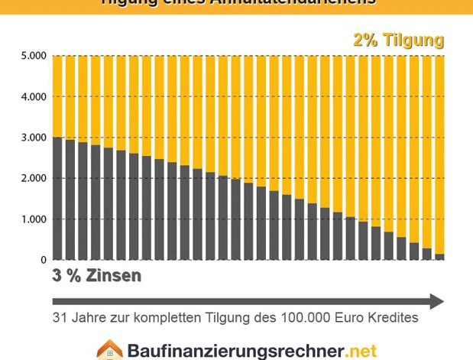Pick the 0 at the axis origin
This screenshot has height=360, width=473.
tap(44, 261)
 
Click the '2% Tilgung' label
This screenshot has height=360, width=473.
tap(398, 41)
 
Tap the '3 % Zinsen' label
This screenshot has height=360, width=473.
tap(96, 276)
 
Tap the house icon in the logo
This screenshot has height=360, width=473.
tap(109, 350)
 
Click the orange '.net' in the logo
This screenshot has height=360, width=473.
tap(361, 352)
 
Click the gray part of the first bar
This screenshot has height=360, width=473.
tap(57, 199)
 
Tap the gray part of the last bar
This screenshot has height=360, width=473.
tap(439, 257)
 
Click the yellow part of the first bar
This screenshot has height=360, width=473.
tap(57, 96)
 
